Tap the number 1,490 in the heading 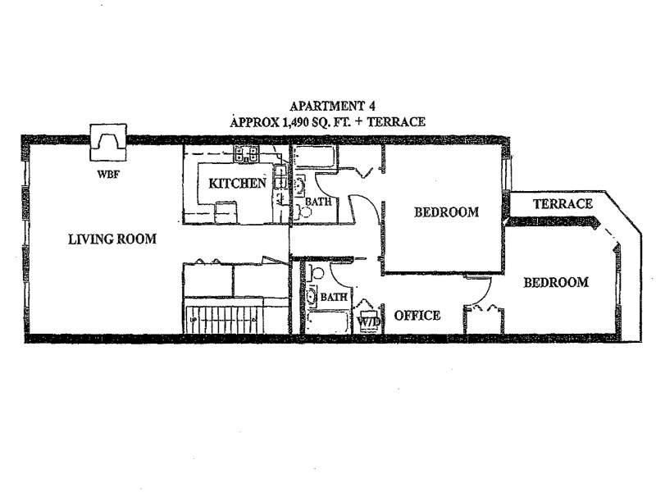click(x=283, y=121)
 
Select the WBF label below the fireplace click(x=107, y=173)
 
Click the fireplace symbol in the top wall click(x=107, y=144)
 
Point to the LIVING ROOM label click(x=112, y=239)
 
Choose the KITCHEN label click(x=237, y=183)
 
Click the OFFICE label click(x=417, y=315)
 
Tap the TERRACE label click(x=562, y=203)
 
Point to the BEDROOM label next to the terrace click(x=446, y=212)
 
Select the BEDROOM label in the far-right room click(x=556, y=283)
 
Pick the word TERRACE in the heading click(x=397, y=121)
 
